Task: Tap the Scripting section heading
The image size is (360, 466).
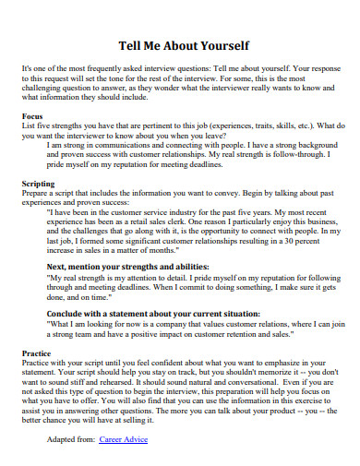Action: click(x=39, y=184)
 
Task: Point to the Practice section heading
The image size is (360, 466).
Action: click(x=37, y=352)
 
